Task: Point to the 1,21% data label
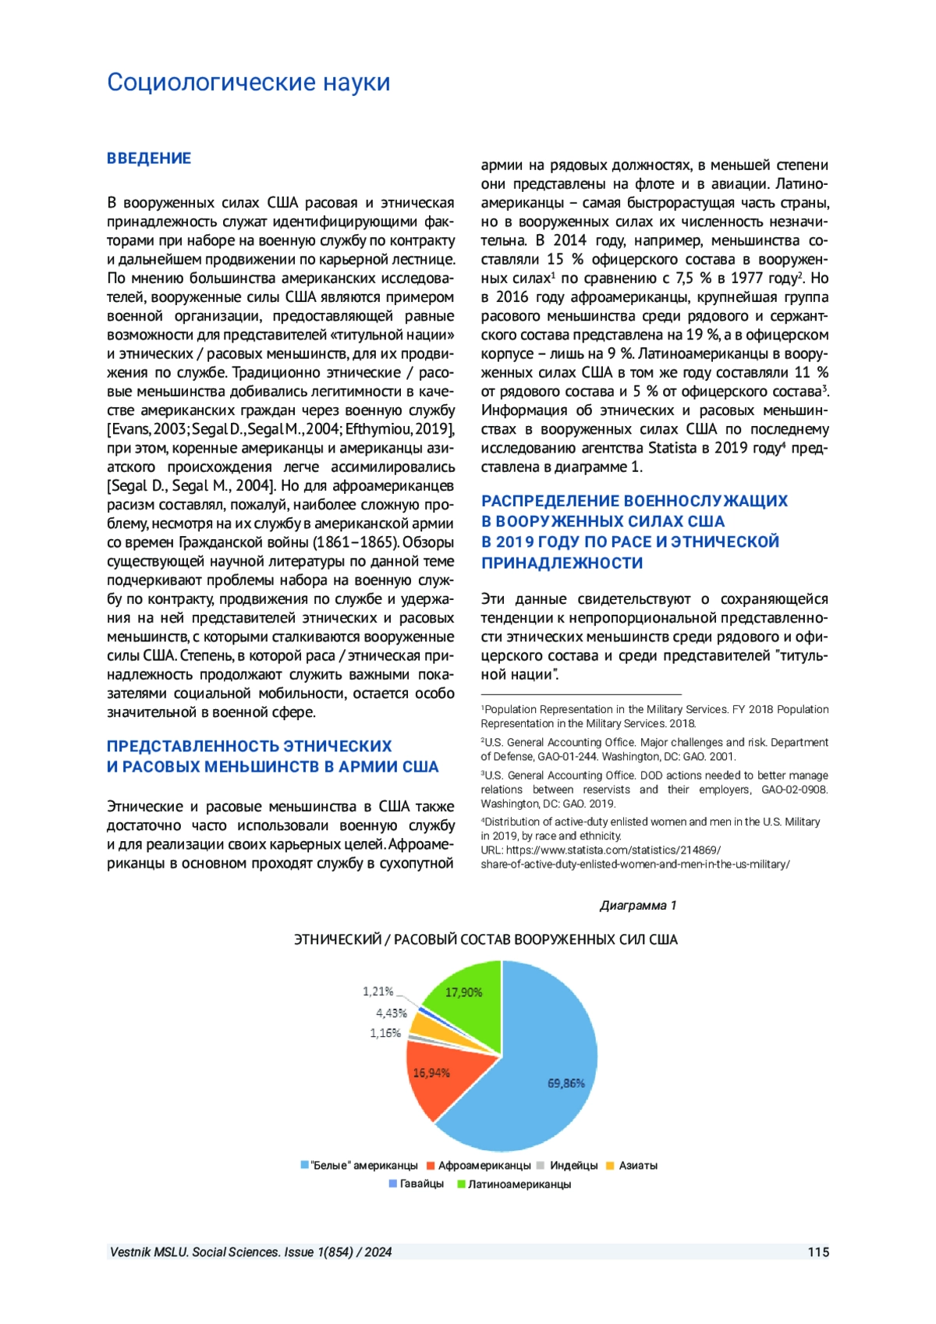(x=378, y=991)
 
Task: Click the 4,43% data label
(x=392, y=1013)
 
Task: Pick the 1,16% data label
(x=385, y=1033)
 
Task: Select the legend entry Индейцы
(x=573, y=1166)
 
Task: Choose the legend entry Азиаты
(x=637, y=1166)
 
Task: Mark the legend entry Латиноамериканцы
(x=519, y=1184)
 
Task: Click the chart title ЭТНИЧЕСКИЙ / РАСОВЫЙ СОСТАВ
(x=485, y=939)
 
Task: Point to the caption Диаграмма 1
(x=637, y=905)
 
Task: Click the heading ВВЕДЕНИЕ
(x=149, y=158)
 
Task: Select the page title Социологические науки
(x=248, y=82)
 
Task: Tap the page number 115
(x=818, y=1252)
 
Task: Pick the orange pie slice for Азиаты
(x=421, y=1026)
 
